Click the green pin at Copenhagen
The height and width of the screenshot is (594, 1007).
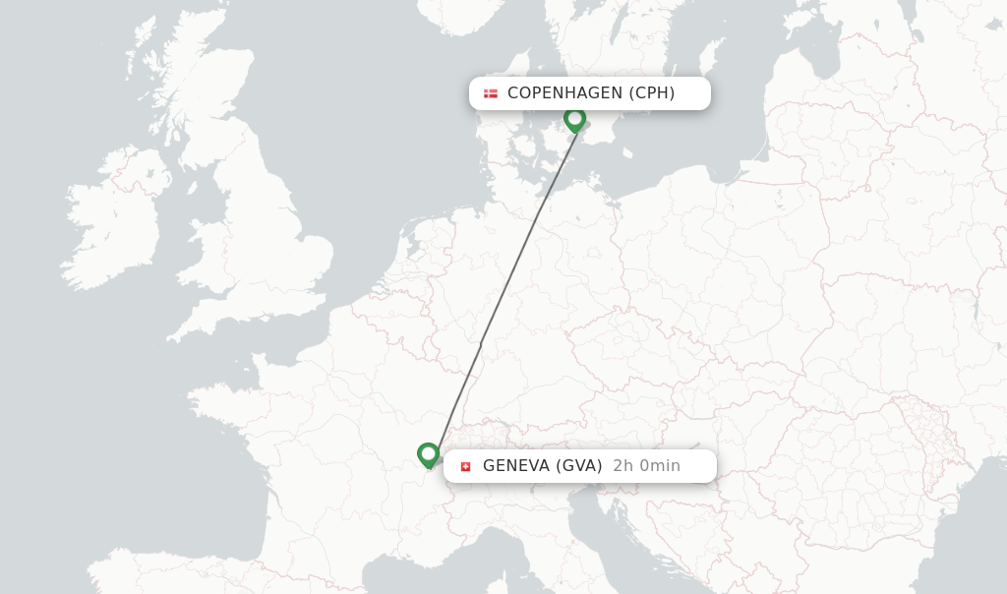click(575, 119)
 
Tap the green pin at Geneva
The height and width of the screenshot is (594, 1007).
click(428, 454)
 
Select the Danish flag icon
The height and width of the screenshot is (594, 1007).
click(491, 93)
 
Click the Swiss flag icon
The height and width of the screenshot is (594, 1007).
click(465, 466)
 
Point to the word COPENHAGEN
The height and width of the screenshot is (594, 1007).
click(564, 93)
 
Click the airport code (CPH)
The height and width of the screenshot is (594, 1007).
click(651, 93)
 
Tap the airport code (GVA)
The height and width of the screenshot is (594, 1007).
click(579, 466)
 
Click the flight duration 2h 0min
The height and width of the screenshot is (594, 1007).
click(646, 466)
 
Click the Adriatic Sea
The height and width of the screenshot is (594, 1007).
click(649, 551)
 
